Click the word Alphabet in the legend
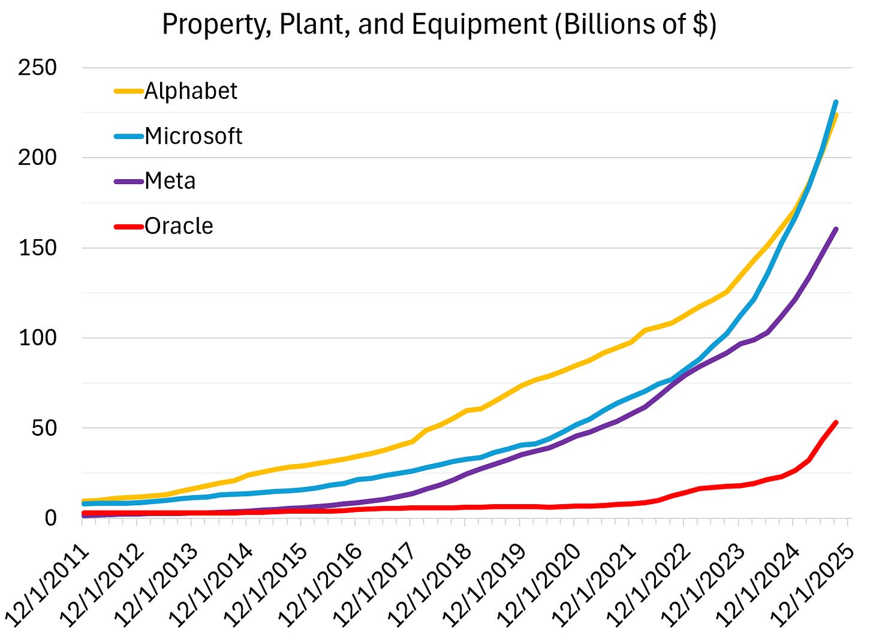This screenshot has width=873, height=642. pos(191,91)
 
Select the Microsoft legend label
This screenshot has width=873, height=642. pos(193,136)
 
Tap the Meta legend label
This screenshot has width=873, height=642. pos(170,180)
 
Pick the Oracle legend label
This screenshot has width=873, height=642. pos(179,226)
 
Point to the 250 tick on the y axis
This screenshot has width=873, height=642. pos(37,68)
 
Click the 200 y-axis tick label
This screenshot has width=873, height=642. pos(37,158)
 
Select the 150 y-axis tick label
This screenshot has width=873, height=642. pos(37,248)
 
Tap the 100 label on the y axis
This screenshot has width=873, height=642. pos(37,338)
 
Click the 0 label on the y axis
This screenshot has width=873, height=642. pos(50,518)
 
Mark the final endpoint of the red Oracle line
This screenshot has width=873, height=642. pos(836,423)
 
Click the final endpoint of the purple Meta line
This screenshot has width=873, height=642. pos(836,229)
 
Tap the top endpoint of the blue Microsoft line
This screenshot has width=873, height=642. pos(836,102)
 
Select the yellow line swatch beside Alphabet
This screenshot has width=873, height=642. pos(128,91)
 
